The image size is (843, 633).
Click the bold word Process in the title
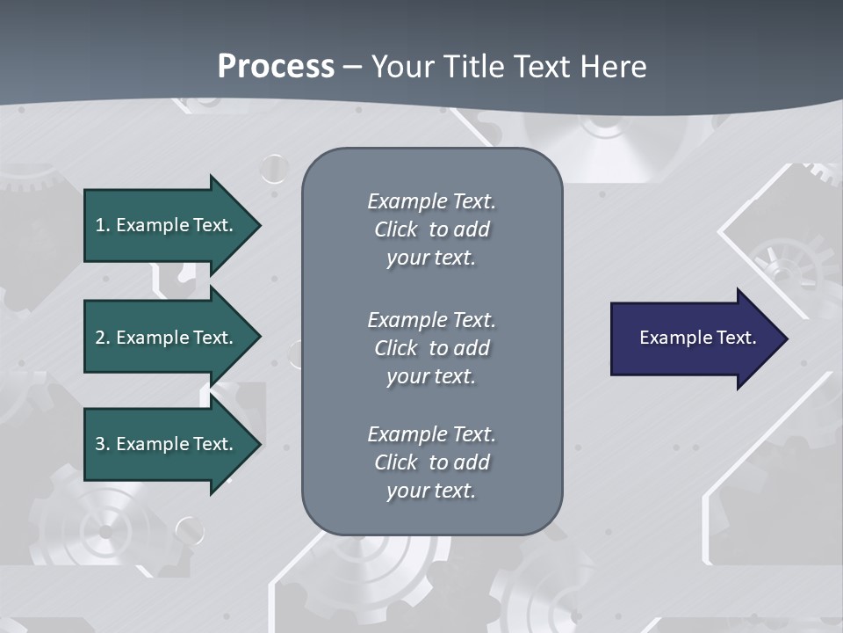pyautogui.click(x=276, y=67)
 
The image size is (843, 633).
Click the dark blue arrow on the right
pyautogui.click(x=694, y=338)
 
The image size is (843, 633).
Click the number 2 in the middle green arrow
pyautogui.click(x=100, y=338)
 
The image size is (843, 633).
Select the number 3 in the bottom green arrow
pyautogui.click(x=100, y=444)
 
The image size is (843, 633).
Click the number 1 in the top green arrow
pyautogui.click(x=100, y=225)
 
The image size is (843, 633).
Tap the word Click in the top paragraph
pyautogui.click(x=396, y=229)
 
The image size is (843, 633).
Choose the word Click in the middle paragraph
pyautogui.click(x=396, y=348)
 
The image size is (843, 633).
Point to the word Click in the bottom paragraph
pyautogui.click(x=396, y=462)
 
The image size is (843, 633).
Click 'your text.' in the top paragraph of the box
pyautogui.click(x=431, y=258)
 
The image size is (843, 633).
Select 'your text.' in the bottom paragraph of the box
pyautogui.click(x=431, y=491)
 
